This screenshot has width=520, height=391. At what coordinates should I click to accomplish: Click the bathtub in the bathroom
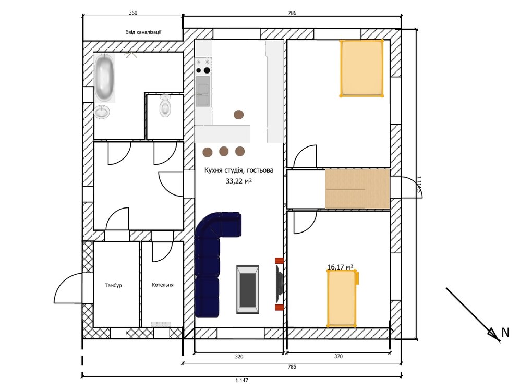(x=105, y=78)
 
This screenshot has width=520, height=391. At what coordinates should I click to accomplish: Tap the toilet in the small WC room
(x=165, y=106)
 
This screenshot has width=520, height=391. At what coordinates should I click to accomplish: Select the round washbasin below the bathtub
(x=102, y=112)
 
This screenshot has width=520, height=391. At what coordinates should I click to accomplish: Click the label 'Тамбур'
(x=113, y=285)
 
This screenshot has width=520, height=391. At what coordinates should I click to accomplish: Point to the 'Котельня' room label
(x=163, y=285)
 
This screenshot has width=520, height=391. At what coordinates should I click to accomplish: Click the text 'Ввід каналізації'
(x=143, y=32)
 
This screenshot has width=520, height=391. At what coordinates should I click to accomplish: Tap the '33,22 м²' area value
(x=239, y=181)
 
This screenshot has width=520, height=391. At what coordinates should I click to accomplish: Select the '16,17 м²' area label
(x=340, y=267)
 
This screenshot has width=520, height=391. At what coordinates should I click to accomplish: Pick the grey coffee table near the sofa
(x=248, y=289)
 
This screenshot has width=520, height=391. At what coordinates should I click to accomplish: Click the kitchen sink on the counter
(x=203, y=91)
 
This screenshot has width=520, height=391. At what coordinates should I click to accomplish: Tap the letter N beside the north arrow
(x=505, y=333)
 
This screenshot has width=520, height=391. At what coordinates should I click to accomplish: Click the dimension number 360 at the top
(x=133, y=13)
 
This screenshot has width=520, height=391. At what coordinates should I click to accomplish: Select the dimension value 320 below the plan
(x=239, y=357)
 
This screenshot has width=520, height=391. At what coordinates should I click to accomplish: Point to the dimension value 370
(x=338, y=356)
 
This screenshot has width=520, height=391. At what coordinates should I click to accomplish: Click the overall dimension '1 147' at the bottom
(x=242, y=381)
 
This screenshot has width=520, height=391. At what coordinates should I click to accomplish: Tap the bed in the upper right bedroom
(x=361, y=68)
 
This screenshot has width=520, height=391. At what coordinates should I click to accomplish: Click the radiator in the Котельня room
(x=161, y=324)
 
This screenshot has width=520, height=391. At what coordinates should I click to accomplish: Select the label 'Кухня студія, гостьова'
(x=239, y=170)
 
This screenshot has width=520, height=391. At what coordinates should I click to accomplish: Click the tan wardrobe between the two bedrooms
(x=357, y=189)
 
